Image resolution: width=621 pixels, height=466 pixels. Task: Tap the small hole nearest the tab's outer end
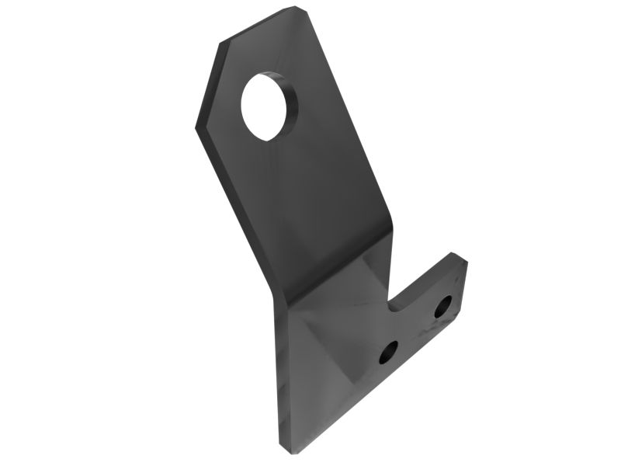pyautogui.click(x=443, y=307)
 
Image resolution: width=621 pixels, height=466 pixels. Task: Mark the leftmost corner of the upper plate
pyautogui.click(x=195, y=124)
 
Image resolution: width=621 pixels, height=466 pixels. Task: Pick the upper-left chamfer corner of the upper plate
pyautogui.click(x=221, y=43)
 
